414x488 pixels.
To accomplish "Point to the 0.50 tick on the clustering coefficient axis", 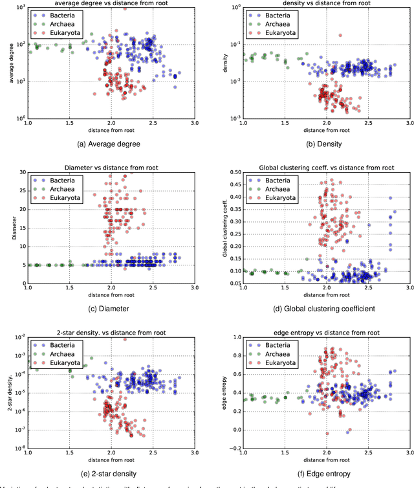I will (233, 172).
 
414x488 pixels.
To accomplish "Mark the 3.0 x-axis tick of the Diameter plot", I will (195, 289).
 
